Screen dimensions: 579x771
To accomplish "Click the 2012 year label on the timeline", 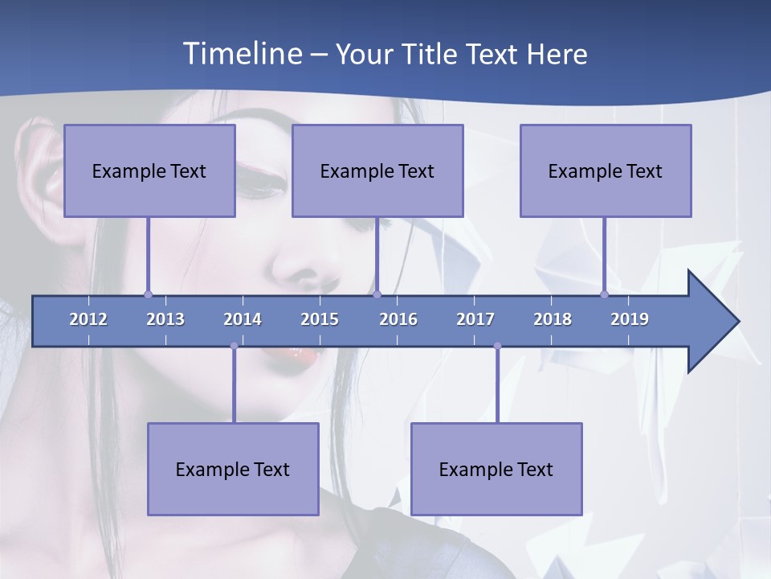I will coord(88,319).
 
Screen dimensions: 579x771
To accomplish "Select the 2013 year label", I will coord(165,319).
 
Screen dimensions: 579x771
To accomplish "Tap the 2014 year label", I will coord(243,319).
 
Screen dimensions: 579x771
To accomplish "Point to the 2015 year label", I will coord(320,319).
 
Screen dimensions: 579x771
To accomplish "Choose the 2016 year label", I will coord(398,319).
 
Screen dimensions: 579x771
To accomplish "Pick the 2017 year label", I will coord(475,319).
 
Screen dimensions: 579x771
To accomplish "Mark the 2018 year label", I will coord(553,319).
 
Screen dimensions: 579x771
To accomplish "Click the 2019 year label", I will coord(630,319).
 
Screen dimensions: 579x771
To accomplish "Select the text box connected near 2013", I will coord(149,170).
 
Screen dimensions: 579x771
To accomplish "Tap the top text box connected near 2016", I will coord(377,170).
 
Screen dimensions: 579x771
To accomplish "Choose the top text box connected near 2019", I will coord(606,170).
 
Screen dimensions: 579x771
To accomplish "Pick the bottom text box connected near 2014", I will coord(233,469).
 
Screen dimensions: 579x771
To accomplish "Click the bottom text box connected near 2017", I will coord(496,469).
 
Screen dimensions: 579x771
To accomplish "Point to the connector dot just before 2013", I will coord(148,294).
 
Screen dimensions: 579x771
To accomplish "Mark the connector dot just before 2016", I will coord(377,294).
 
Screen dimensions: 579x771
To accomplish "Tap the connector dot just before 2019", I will coord(605,294).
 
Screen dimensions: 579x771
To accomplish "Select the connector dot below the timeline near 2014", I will coord(234,346).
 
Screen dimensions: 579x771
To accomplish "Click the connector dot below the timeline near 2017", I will coord(497,346).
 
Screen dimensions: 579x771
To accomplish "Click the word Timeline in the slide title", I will coord(242,54).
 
